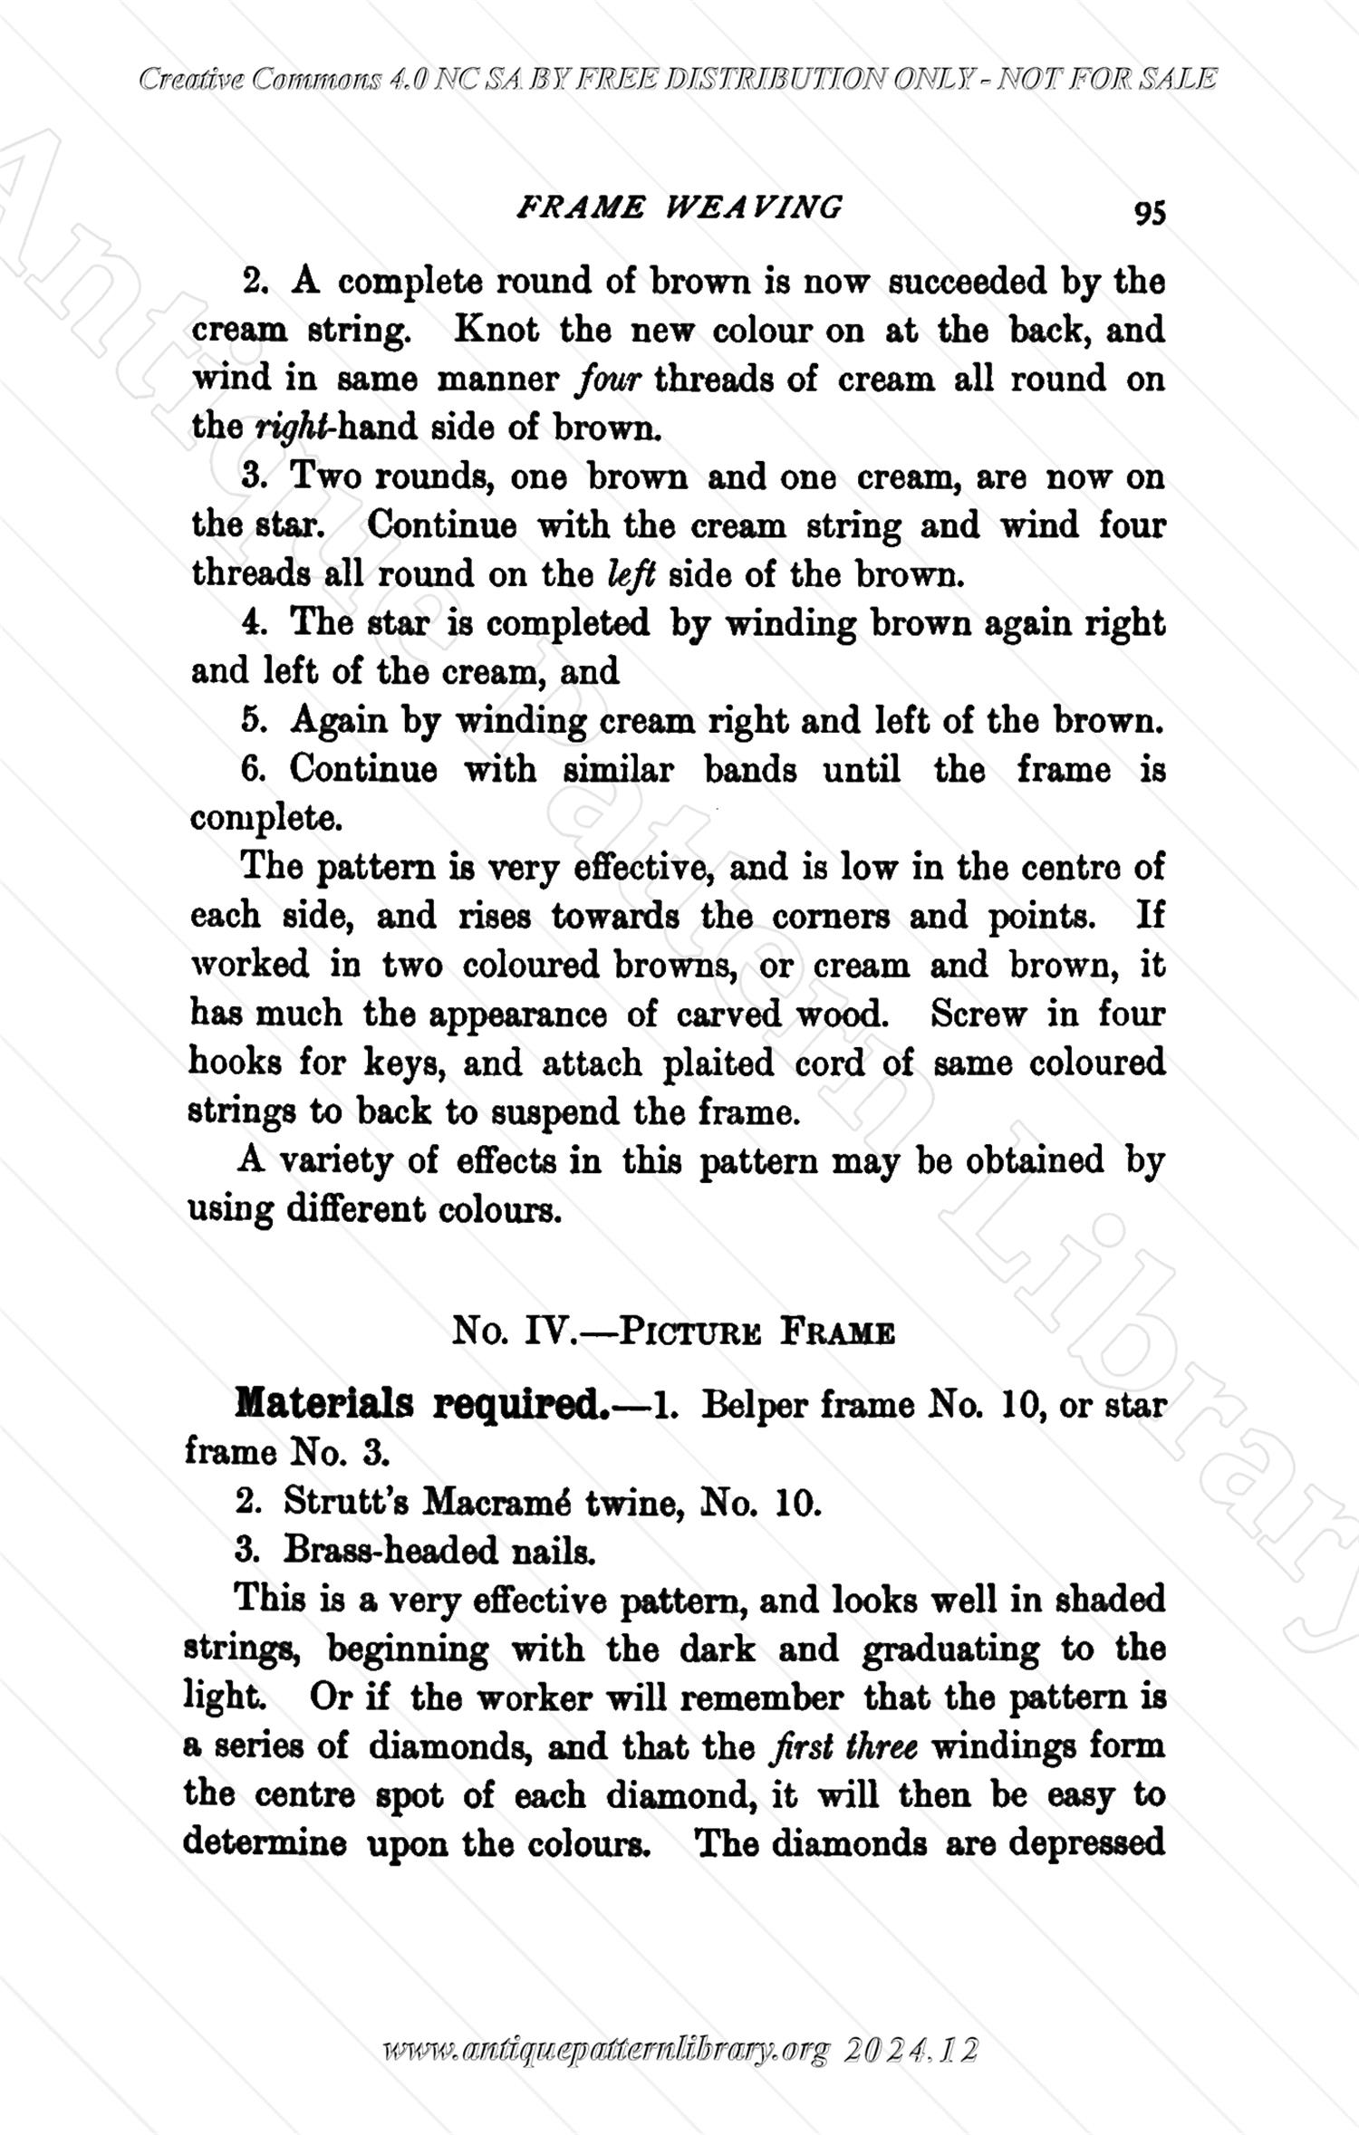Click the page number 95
[1149, 212]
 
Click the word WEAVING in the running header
[754, 207]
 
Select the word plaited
[718, 1063]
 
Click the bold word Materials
[323, 1405]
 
